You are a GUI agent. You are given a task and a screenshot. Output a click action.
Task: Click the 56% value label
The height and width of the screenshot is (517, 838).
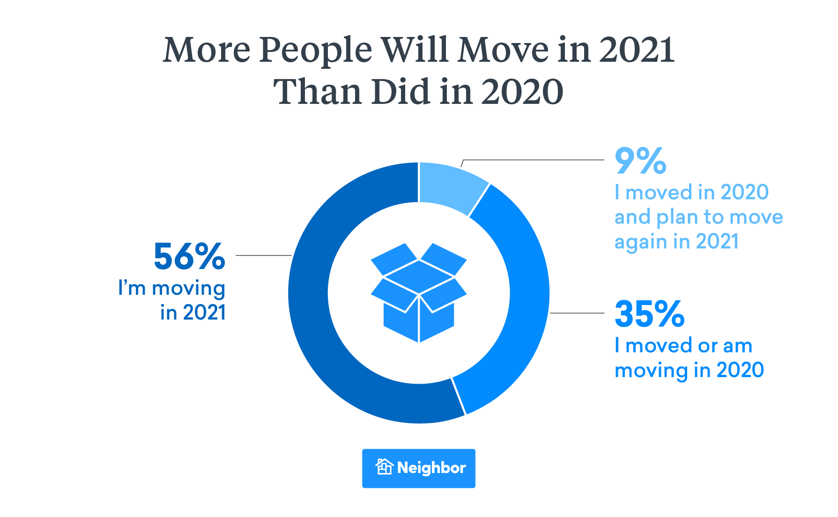tap(189, 257)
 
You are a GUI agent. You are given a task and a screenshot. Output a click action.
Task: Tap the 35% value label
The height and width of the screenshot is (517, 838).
tap(649, 314)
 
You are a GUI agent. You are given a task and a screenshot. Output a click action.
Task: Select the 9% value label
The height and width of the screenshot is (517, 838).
tap(640, 161)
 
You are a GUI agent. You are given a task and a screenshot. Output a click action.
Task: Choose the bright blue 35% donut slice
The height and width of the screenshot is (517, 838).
tap(520, 304)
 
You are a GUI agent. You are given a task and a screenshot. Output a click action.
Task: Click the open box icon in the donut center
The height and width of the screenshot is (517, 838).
tap(419, 292)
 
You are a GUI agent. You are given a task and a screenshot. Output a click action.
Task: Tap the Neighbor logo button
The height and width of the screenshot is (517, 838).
tap(418, 468)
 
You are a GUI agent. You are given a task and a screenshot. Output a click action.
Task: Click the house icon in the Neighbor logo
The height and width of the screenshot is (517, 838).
tap(384, 467)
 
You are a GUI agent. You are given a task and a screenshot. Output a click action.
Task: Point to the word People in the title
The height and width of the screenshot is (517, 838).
tap(315, 51)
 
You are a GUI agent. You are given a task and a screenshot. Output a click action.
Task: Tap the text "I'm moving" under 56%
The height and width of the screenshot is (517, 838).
tap(171, 288)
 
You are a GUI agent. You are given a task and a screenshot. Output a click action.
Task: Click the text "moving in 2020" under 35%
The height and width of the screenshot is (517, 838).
tap(689, 370)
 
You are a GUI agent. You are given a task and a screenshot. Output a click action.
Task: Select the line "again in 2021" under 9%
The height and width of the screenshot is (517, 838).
tap(676, 241)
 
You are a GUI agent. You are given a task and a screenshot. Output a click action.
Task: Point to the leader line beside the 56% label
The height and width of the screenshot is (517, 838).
tap(263, 255)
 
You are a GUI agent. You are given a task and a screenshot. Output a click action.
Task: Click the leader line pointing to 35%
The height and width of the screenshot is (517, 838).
tap(577, 313)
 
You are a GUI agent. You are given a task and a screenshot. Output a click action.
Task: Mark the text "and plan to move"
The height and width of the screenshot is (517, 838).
tap(698, 217)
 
